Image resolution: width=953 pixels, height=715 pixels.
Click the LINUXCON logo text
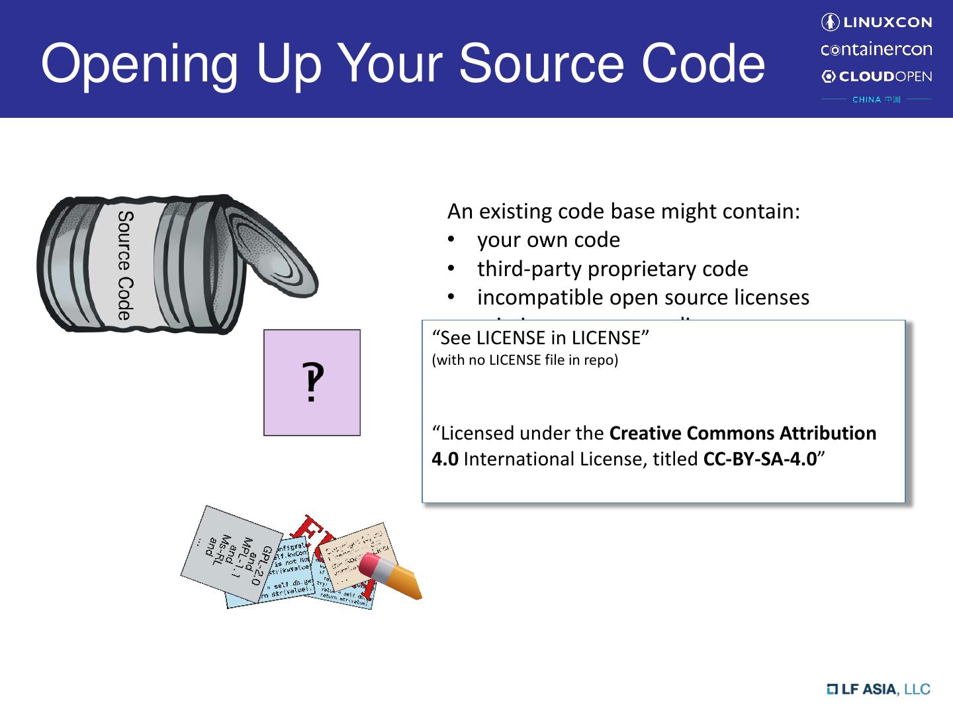(x=886, y=23)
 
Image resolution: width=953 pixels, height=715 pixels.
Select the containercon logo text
(x=876, y=50)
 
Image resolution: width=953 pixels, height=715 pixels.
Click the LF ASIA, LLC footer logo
(x=878, y=689)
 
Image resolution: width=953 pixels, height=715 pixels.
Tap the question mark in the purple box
(x=312, y=383)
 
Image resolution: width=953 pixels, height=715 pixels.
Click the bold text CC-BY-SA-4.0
(x=760, y=459)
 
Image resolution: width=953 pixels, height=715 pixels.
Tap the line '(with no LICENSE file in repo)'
(x=525, y=360)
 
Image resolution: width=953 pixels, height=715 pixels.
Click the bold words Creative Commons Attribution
(x=743, y=433)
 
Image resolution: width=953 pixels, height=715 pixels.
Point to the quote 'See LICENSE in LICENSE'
(x=540, y=338)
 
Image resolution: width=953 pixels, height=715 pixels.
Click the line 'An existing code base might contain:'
(x=623, y=211)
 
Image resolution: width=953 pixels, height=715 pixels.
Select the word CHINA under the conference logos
(x=866, y=100)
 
